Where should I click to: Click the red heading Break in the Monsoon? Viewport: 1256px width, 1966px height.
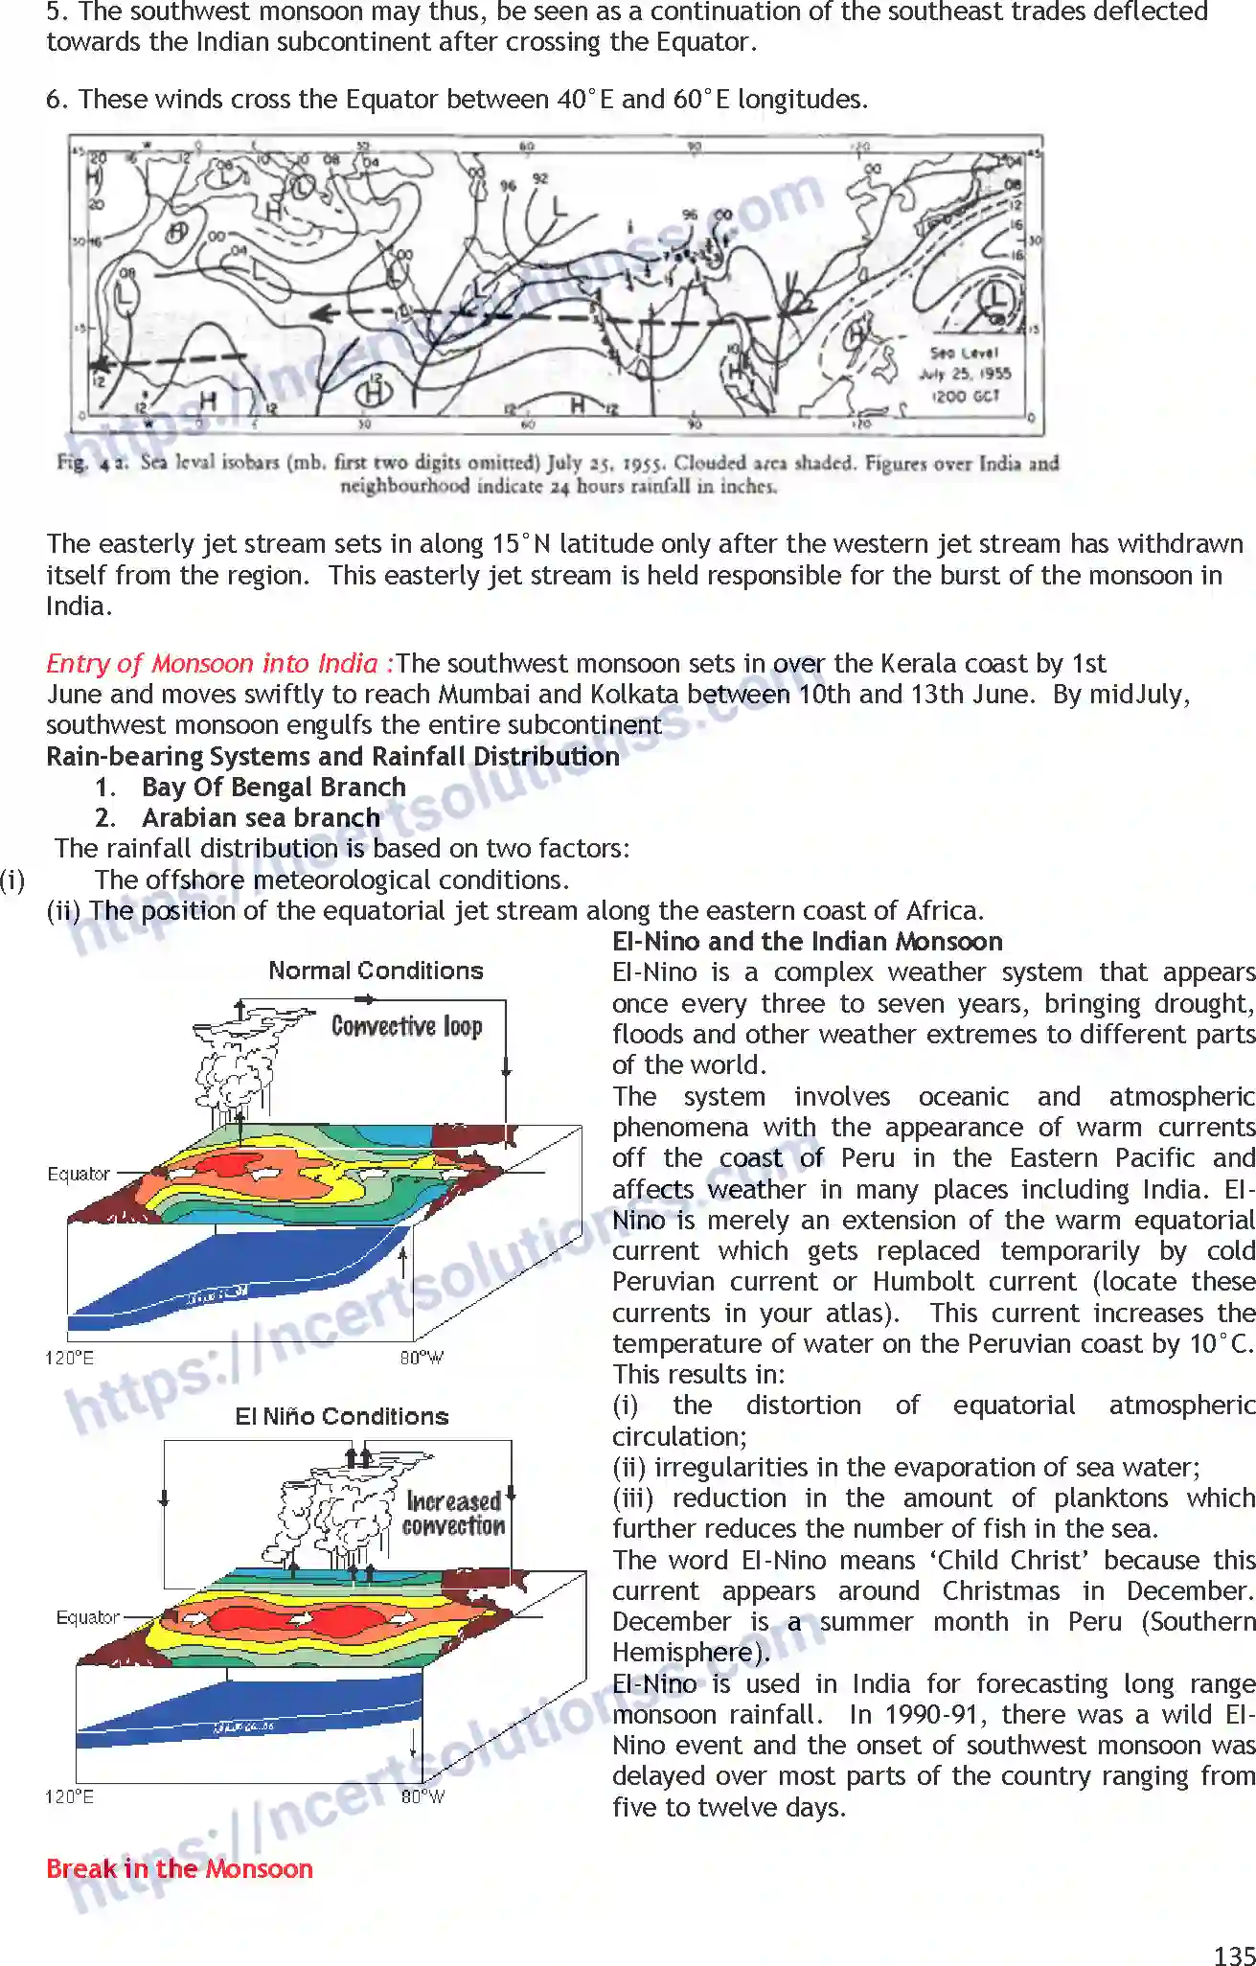pyautogui.click(x=179, y=1868)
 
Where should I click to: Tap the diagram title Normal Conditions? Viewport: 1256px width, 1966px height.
pyautogui.click(x=376, y=971)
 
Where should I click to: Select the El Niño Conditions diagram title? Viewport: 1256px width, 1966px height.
pyautogui.click(x=342, y=1416)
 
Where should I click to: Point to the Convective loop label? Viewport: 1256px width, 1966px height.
pyautogui.click(x=406, y=1026)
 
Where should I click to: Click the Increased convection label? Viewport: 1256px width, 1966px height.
pyautogui.click(x=453, y=1514)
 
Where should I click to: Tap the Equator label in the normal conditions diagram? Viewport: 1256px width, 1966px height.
pyautogui.click(x=79, y=1174)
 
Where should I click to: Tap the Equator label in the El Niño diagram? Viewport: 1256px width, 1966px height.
pyautogui.click(x=87, y=1617)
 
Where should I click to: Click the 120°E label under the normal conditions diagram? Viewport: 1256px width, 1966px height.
pyautogui.click(x=69, y=1358)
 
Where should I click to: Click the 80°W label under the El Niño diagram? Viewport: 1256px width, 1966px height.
pyautogui.click(x=422, y=1796)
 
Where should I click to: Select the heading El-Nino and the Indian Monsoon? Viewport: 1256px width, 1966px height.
pyautogui.click(x=808, y=941)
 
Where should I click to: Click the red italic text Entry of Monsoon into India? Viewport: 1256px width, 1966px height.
pyautogui.click(x=219, y=663)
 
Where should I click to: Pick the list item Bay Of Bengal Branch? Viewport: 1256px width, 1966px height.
pyautogui.click(x=274, y=787)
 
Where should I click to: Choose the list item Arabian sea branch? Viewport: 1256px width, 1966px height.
pyautogui.click(x=261, y=817)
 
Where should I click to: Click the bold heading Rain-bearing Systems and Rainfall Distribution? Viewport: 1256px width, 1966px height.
pyautogui.click(x=332, y=756)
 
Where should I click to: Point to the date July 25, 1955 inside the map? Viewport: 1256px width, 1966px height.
pyautogui.click(x=966, y=374)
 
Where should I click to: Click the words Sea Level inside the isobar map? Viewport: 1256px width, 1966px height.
pyautogui.click(x=964, y=353)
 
